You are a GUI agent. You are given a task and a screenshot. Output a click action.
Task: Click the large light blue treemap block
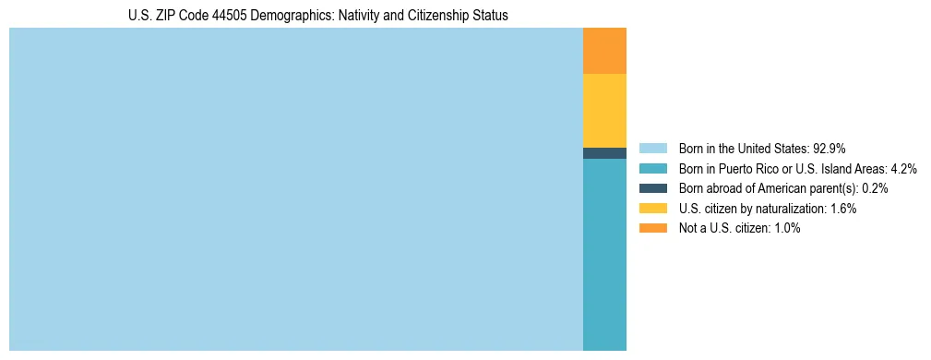(x=295, y=189)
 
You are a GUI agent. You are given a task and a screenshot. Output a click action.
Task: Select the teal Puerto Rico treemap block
(x=604, y=254)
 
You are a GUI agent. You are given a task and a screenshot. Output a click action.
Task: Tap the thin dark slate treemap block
(x=604, y=153)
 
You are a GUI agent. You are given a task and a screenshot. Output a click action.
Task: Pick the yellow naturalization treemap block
(x=604, y=111)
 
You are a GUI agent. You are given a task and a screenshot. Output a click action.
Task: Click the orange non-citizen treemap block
(x=604, y=51)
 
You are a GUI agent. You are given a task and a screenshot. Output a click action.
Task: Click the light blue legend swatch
(x=652, y=148)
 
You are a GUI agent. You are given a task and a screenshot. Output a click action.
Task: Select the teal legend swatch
(x=652, y=168)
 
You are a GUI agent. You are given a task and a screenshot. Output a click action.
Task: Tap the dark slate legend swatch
(x=652, y=188)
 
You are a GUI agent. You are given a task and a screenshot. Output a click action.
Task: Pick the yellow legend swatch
(x=652, y=209)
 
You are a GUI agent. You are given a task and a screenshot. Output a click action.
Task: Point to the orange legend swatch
(x=652, y=228)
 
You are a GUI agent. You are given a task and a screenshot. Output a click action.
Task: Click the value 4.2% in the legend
(x=902, y=168)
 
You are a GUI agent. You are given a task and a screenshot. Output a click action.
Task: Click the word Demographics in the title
(x=293, y=16)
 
